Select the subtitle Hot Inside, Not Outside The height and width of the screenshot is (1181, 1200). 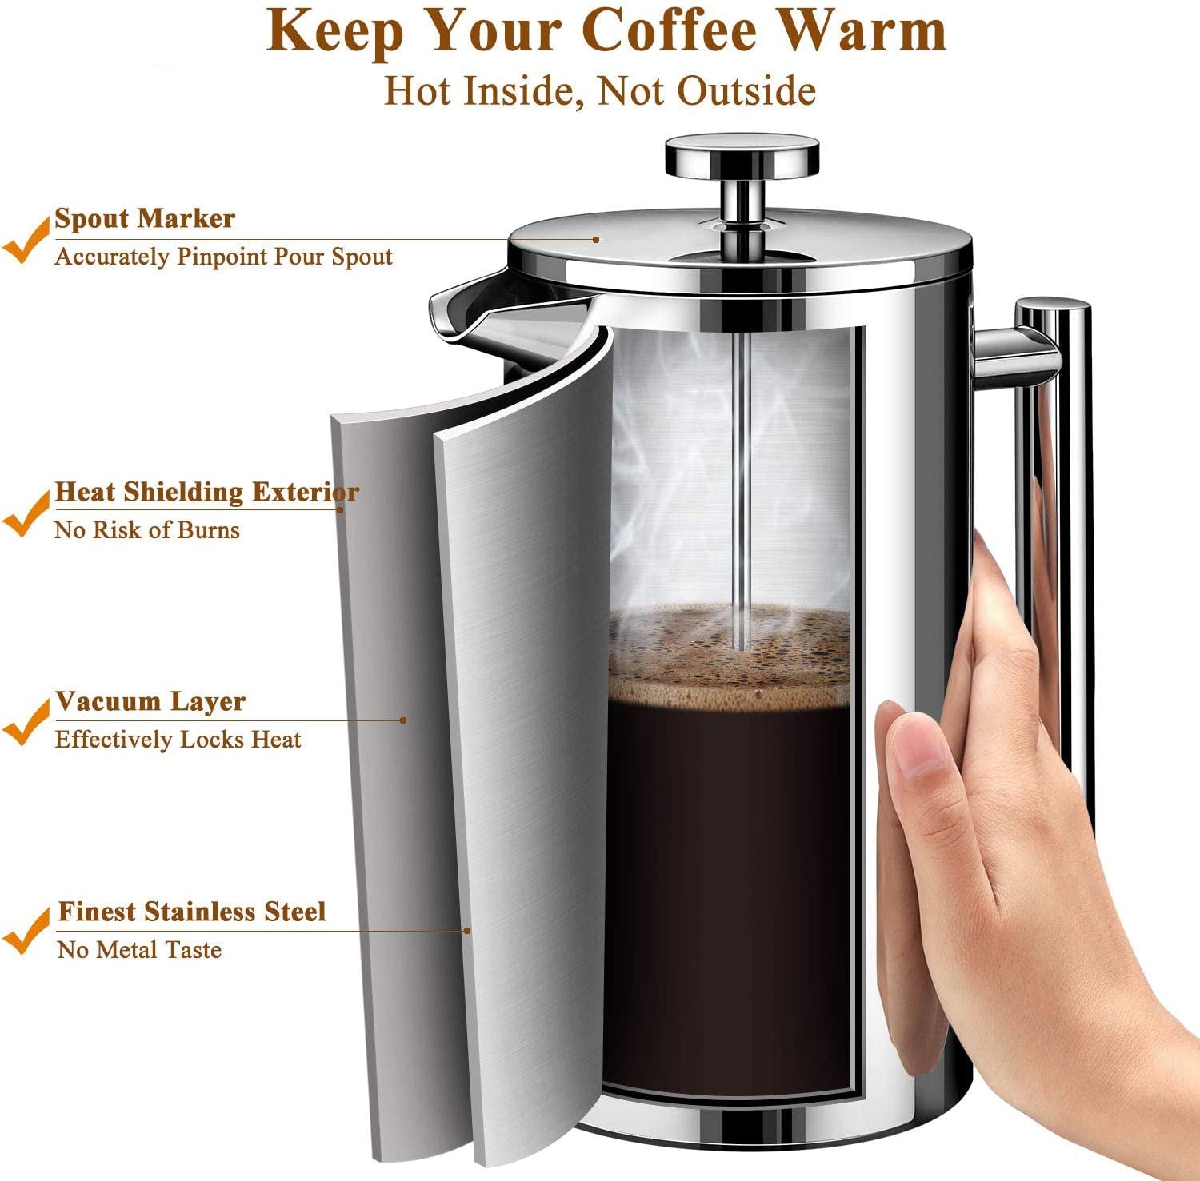[x=600, y=90]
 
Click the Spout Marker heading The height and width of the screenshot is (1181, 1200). [x=145, y=218]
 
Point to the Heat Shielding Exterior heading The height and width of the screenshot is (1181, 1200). [x=206, y=492]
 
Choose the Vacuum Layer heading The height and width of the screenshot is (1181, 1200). [x=150, y=701]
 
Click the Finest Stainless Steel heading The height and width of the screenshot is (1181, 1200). [x=192, y=912]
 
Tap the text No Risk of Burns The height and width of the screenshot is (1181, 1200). [x=147, y=529]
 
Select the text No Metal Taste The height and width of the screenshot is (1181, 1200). [x=140, y=949]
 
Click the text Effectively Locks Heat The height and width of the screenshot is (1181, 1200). [x=178, y=740]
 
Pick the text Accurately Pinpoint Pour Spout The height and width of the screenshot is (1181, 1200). [x=224, y=257]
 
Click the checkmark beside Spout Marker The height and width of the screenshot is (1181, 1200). [x=26, y=240]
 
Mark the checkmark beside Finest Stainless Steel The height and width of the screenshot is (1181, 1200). [x=26, y=932]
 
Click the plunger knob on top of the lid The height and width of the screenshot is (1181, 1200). [x=742, y=155]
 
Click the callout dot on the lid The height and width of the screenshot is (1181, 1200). [x=596, y=238]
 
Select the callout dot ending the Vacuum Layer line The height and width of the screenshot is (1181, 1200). [x=403, y=720]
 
